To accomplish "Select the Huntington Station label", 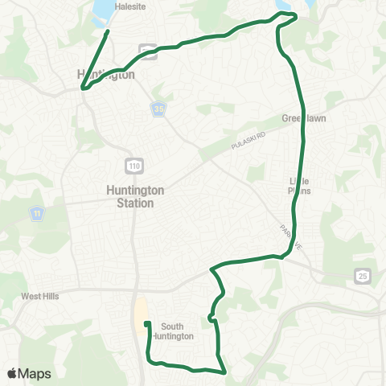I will click(135, 197).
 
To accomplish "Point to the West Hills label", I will click(40, 296).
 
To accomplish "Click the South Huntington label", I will click(178, 331).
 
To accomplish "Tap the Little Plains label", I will click(299, 186).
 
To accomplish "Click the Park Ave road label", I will click(289, 238).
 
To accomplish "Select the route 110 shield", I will click(132, 165).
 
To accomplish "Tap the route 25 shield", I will click(361, 276).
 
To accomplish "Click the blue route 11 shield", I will click(37, 213).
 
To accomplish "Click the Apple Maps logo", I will click(29, 374).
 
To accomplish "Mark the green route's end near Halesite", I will click(108, 32).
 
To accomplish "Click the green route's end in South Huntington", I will click(146, 324).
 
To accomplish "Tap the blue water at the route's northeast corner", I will click(283, 6).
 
